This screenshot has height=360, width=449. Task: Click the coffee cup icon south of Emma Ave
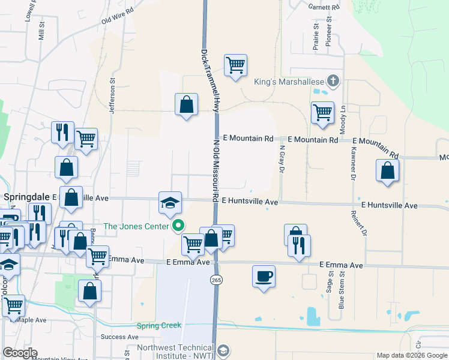pos(264,276)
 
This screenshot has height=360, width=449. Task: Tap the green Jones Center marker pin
pos(178,226)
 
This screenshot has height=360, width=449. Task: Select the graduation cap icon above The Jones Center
pos(170,202)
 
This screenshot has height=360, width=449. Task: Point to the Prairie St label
pos(315,35)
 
